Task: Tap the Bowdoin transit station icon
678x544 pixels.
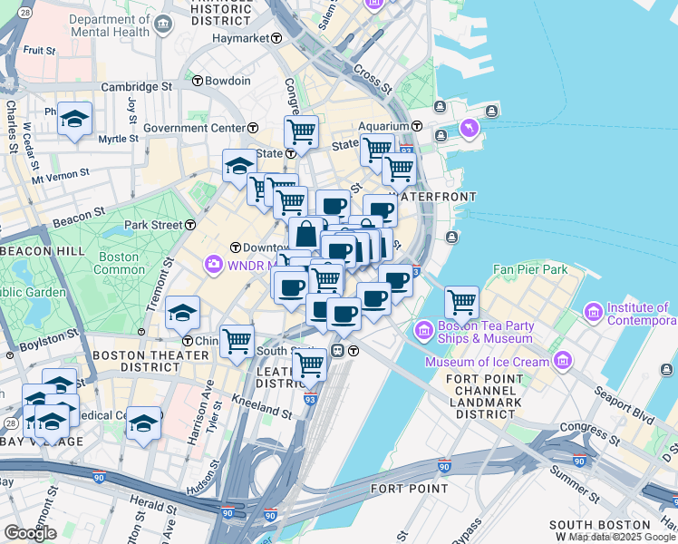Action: click(x=197, y=81)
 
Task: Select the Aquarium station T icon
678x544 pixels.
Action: click(x=418, y=126)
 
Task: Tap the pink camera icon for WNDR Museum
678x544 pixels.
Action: click(x=214, y=264)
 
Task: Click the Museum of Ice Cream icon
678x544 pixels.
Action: click(x=563, y=362)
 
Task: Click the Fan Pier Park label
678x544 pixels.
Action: click(x=530, y=269)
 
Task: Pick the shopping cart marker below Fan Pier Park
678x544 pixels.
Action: click(x=462, y=300)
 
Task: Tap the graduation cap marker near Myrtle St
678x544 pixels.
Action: click(x=75, y=119)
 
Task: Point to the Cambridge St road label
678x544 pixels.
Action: click(x=137, y=87)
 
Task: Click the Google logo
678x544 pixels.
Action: click(x=31, y=533)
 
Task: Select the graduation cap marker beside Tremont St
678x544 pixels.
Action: click(x=182, y=313)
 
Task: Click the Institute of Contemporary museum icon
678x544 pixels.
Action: click(x=594, y=313)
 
